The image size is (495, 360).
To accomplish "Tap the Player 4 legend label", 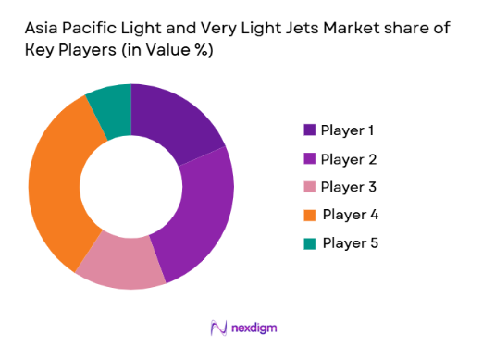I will pos(351,215).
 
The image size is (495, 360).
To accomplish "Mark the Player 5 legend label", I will pos(351,243).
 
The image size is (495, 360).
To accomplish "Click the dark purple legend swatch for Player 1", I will pos(309,130).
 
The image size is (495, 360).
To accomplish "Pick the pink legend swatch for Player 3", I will pos(309,187).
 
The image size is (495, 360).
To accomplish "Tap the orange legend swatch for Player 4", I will pos(309,215).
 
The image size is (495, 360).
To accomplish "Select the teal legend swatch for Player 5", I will pos(309,243).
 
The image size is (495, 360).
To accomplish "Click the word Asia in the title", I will pos(43,29).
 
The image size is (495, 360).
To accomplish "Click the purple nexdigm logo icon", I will pos(218,328).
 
